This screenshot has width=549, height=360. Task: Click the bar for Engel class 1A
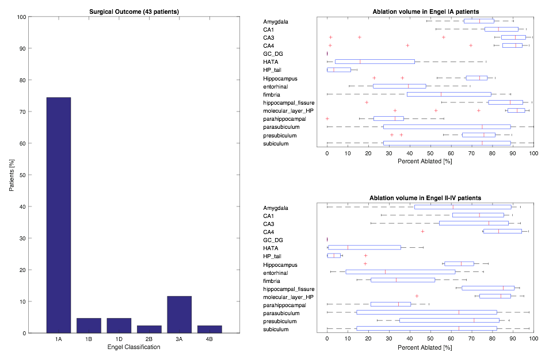coord(58,215)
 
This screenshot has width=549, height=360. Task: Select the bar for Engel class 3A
coord(179,315)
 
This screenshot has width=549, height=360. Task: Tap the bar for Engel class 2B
coord(149,329)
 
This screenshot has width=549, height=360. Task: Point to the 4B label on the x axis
coord(209,340)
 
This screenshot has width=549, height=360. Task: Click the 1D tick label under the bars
coord(119,340)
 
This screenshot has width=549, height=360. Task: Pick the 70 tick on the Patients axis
coord(22,112)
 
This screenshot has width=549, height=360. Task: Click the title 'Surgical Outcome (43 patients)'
coord(134,12)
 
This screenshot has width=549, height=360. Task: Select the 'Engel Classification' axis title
coord(134,348)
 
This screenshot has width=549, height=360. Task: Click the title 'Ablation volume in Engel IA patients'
coord(425,12)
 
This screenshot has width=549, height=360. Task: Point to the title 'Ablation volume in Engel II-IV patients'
coord(425,198)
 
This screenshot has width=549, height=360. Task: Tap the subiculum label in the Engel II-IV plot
coord(276,329)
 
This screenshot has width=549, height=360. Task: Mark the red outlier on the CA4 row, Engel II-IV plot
coord(422,231)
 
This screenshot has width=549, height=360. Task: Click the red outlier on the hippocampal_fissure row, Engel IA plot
coord(367,102)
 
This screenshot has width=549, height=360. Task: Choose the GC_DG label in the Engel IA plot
coord(273,54)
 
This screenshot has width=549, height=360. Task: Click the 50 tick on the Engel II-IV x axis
coord(430,340)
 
